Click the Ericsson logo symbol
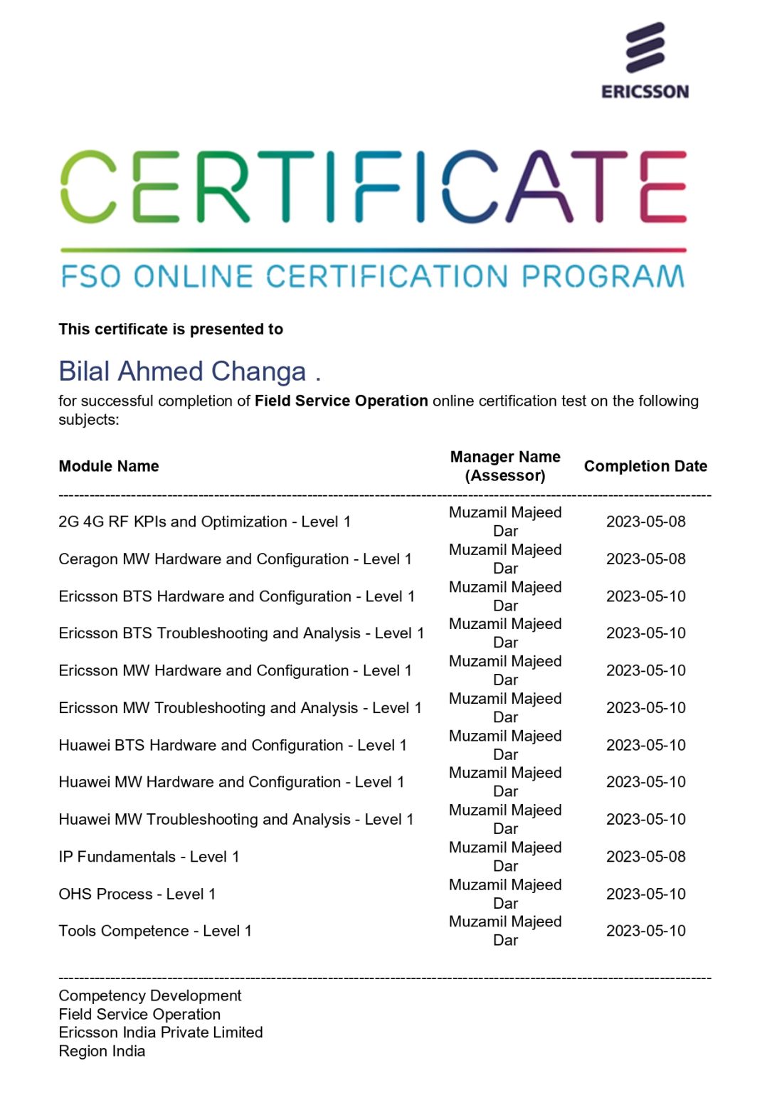(645, 48)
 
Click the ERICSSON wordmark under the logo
(645, 92)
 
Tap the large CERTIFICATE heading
(374, 186)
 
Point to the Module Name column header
(109, 466)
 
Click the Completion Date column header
(645, 466)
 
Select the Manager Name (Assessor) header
(505, 466)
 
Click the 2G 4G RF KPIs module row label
(204, 522)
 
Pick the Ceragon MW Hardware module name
(235, 559)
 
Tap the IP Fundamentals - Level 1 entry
(149, 857)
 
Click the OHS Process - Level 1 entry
(137, 894)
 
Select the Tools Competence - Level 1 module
(155, 931)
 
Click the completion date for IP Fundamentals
(645, 857)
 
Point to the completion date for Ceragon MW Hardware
(645, 559)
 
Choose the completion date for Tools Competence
(645, 931)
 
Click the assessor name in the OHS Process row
(505, 894)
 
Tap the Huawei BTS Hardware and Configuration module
(233, 745)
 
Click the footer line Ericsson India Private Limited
(161, 1033)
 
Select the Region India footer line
(102, 1051)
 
